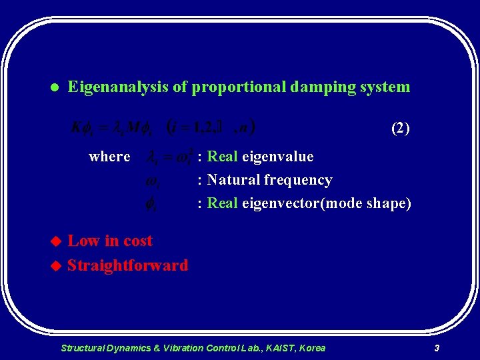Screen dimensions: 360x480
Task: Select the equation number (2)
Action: point(400,129)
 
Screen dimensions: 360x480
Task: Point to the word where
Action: point(109,157)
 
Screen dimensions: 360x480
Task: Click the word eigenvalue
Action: point(277,157)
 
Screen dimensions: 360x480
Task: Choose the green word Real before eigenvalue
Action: point(223,157)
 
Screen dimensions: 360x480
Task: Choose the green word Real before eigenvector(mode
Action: point(223,203)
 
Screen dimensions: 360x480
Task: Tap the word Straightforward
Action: point(127,265)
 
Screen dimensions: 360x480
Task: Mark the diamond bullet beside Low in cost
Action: point(56,241)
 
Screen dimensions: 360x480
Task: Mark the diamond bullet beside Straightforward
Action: point(56,266)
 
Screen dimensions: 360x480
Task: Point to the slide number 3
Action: point(436,348)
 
